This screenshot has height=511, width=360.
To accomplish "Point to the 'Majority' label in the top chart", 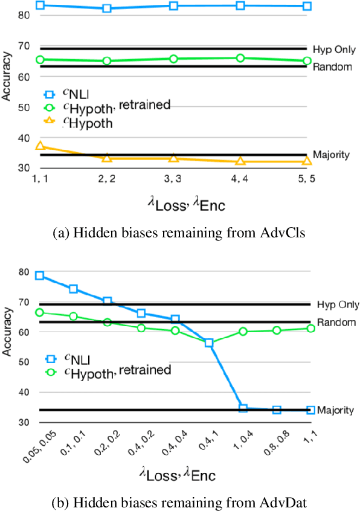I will [x=331, y=155].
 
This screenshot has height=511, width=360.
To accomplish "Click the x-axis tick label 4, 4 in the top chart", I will [x=240, y=179].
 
